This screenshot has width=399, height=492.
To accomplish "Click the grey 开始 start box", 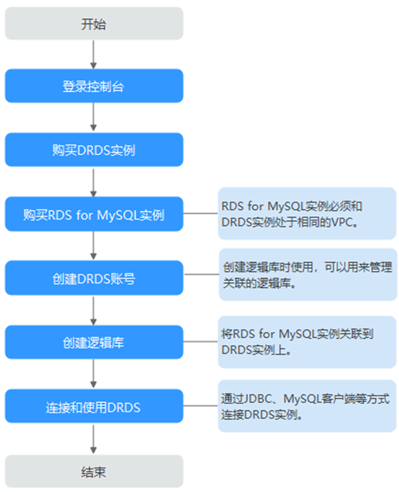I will point(94,23).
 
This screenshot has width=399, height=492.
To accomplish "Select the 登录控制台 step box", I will point(94,86).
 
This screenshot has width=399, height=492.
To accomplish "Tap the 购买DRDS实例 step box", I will point(94,150).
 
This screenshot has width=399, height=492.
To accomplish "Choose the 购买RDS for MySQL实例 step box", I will point(94,214).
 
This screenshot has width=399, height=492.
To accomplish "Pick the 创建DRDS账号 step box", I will point(94,278).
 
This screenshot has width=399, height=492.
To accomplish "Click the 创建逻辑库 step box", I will point(94,342).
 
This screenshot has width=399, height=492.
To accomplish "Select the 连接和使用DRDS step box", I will point(94,407).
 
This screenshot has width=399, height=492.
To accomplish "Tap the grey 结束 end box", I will point(94,471).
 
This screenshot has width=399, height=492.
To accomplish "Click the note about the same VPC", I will point(307,213).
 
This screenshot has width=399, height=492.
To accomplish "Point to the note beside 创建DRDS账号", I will point(308,275).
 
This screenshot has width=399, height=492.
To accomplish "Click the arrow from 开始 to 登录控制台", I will point(93,54).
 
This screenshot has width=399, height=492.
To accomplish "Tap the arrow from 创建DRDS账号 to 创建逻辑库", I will point(93,310).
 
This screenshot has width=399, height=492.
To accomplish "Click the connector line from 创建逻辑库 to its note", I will point(201,342).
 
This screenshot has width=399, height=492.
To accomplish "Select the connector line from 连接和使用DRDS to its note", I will point(201,406).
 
